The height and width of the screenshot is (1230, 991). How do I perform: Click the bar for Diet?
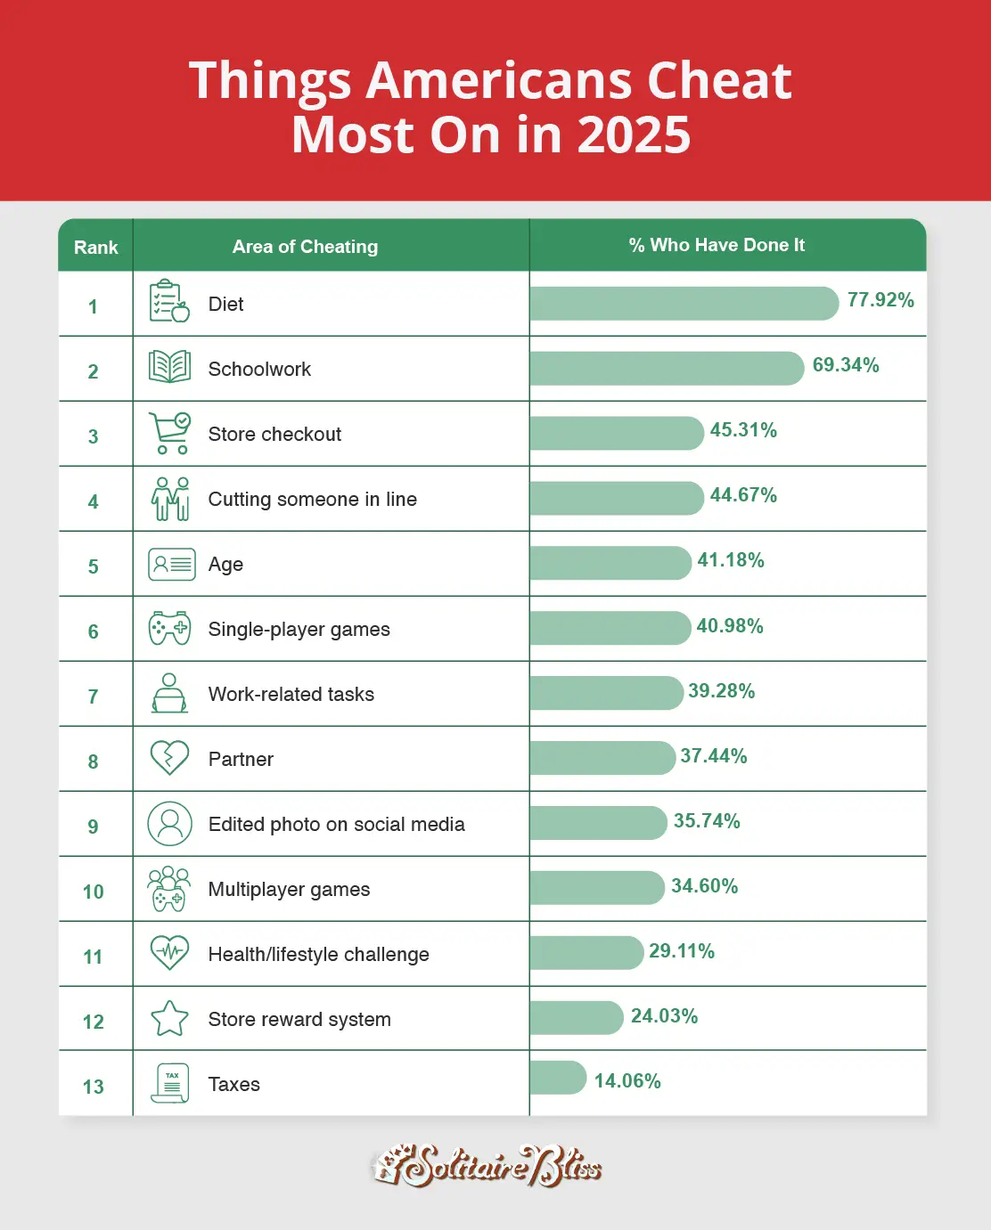tap(684, 304)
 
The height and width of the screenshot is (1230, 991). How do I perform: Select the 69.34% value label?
tap(846, 365)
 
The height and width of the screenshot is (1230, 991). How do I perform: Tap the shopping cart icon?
tap(169, 433)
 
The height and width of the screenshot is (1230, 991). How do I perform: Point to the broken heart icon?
tap(169, 758)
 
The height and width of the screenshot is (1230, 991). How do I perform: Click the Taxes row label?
tap(234, 1084)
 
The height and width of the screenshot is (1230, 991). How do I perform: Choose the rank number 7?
tap(93, 696)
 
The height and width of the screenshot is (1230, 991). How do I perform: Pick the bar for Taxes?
tap(558, 1078)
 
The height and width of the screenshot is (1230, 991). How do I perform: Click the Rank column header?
tap(95, 248)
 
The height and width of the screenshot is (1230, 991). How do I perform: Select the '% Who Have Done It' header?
tap(717, 245)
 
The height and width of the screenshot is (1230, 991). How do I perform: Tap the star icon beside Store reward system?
tap(169, 1018)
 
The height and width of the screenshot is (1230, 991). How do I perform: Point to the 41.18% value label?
tap(731, 560)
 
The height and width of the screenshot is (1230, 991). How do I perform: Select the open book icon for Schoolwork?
tap(169, 367)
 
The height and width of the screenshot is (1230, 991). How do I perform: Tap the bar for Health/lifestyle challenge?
tap(586, 953)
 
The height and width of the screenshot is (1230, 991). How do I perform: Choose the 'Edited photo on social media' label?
tap(336, 824)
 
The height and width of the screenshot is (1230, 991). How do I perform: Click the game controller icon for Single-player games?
tap(169, 628)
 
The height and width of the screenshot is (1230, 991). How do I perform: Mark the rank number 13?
tap(94, 1087)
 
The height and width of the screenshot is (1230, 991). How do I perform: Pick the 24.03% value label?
tap(664, 1016)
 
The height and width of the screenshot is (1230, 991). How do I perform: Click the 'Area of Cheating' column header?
tap(305, 247)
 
